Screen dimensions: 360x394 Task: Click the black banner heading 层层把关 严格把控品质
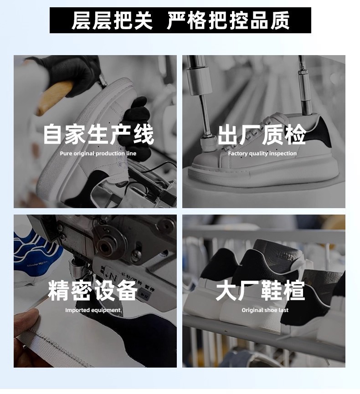(180, 20)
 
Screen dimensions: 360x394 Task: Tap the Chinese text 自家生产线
(98, 134)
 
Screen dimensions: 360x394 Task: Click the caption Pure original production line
(98, 154)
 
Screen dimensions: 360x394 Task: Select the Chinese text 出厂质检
(262, 135)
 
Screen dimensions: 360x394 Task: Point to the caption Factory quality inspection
(262, 154)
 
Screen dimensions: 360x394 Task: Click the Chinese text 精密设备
(93, 291)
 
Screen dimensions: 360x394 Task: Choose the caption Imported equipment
(93, 310)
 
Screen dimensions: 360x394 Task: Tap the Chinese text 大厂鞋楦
(261, 291)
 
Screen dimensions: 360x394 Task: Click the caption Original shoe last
(265, 310)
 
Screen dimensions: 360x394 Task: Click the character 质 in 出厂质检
(273, 135)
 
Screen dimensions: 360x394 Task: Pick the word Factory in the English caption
(237, 154)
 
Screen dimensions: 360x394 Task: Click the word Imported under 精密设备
(77, 310)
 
